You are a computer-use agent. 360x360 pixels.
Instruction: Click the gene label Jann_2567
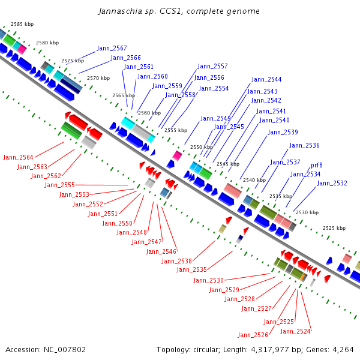[x=112, y=48]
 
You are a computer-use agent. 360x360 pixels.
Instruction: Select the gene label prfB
[x=317, y=165]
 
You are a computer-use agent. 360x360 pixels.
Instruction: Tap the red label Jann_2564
[x=18, y=157]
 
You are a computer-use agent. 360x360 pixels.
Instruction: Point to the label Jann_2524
[x=295, y=331]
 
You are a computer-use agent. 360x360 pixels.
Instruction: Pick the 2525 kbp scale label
[x=334, y=228]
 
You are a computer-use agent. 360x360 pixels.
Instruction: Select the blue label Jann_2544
[x=266, y=79]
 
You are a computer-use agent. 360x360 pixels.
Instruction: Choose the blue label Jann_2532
[x=332, y=183]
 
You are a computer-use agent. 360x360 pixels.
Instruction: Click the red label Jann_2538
[x=176, y=261]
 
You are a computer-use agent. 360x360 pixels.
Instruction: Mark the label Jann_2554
[x=214, y=88]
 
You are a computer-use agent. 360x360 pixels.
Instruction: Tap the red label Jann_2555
[x=59, y=185]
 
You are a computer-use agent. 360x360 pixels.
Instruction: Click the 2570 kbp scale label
[x=98, y=78]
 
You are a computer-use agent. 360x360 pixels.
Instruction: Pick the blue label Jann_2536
[x=304, y=145]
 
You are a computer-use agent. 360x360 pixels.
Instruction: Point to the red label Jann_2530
[x=208, y=280]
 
